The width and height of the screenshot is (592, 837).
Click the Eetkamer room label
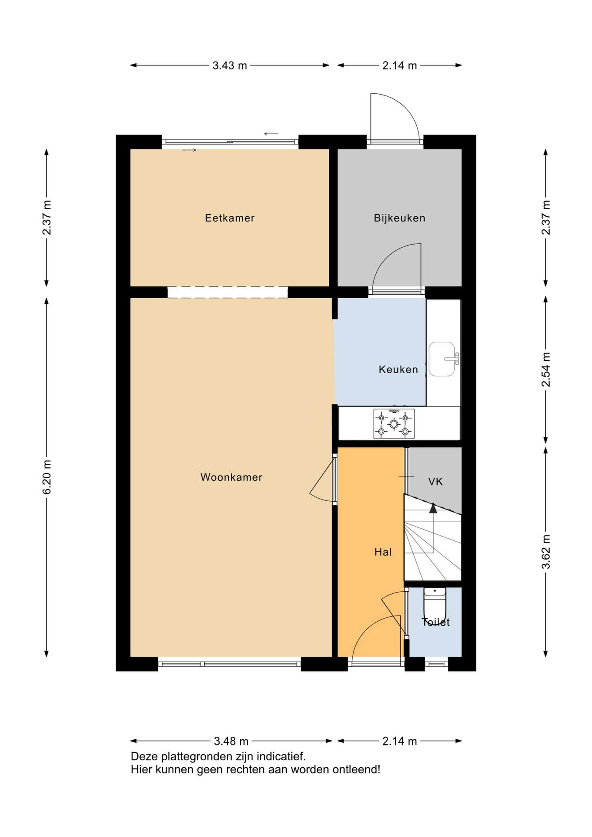point(229,218)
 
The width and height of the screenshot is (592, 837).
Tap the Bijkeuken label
point(399,218)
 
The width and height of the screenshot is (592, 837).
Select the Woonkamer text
point(231,477)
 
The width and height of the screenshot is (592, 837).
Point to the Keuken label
point(398,370)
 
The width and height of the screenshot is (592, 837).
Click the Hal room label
point(383,552)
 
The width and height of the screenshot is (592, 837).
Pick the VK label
point(435,482)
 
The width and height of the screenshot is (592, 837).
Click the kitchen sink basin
point(442,359)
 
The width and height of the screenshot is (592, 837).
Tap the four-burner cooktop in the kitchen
point(394,423)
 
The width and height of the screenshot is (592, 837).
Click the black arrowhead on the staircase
point(433,508)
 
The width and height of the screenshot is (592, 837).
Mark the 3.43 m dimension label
point(230,66)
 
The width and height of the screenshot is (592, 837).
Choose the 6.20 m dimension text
point(47,477)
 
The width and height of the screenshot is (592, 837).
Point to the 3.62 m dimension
point(546,551)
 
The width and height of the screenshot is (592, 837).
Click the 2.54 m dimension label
point(546,370)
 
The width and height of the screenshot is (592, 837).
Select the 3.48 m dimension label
point(231,741)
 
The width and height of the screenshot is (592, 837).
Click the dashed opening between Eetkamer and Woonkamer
point(228,292)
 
